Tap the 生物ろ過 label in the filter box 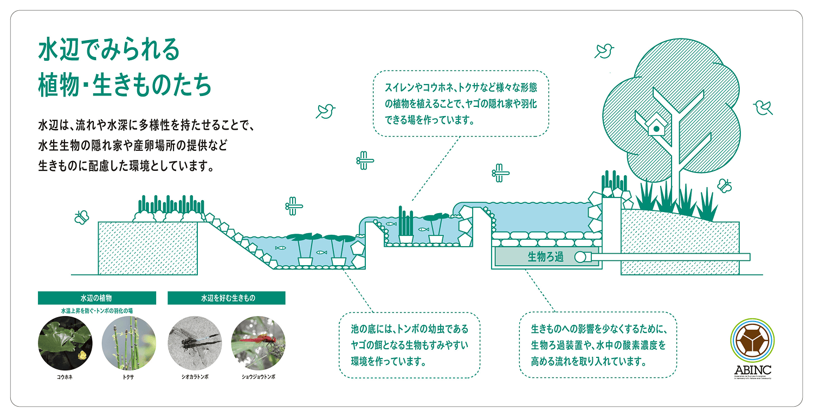click(x=545, y=257)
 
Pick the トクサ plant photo click(x=128, y=343)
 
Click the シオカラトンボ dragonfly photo click(x=195, y=343)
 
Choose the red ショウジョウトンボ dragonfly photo click(x=258, y=343)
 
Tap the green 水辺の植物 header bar click(x=96, y=298)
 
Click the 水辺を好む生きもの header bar click(x=227, y=298)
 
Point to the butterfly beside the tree click(x=725, y=185)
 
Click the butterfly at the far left click(x=81, y=217)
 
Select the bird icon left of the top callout click(x=326, y=111)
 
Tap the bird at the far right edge click(x=763, y=107)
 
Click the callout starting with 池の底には click(x=409, y=345)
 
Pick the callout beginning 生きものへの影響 click(x=598, y=345)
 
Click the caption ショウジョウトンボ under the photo click(x=258, y=376)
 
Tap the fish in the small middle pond click(x=391, y=223)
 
